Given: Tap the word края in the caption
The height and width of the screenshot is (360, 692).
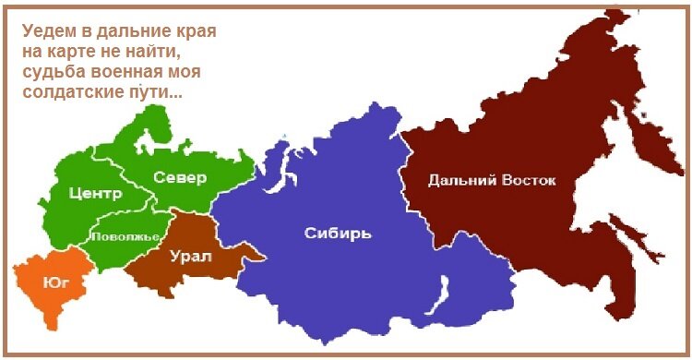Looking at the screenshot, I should [x=195, y=31].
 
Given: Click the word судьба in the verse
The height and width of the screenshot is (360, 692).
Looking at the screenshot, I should [x=53, y=72].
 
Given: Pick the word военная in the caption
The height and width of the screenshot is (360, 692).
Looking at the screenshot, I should [x=128, y=72].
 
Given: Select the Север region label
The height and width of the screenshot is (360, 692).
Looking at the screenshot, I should [x=179, y=177].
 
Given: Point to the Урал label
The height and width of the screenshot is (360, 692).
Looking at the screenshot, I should [x=190, y=256].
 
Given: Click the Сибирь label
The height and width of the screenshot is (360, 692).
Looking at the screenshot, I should [x=338, y=233].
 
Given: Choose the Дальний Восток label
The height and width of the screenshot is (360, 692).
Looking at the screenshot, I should [x=492, y=179].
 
